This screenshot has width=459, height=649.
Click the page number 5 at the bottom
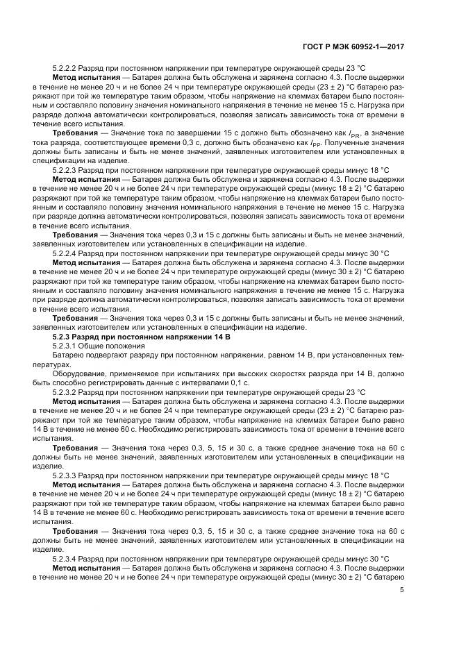[x=402, y=591]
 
